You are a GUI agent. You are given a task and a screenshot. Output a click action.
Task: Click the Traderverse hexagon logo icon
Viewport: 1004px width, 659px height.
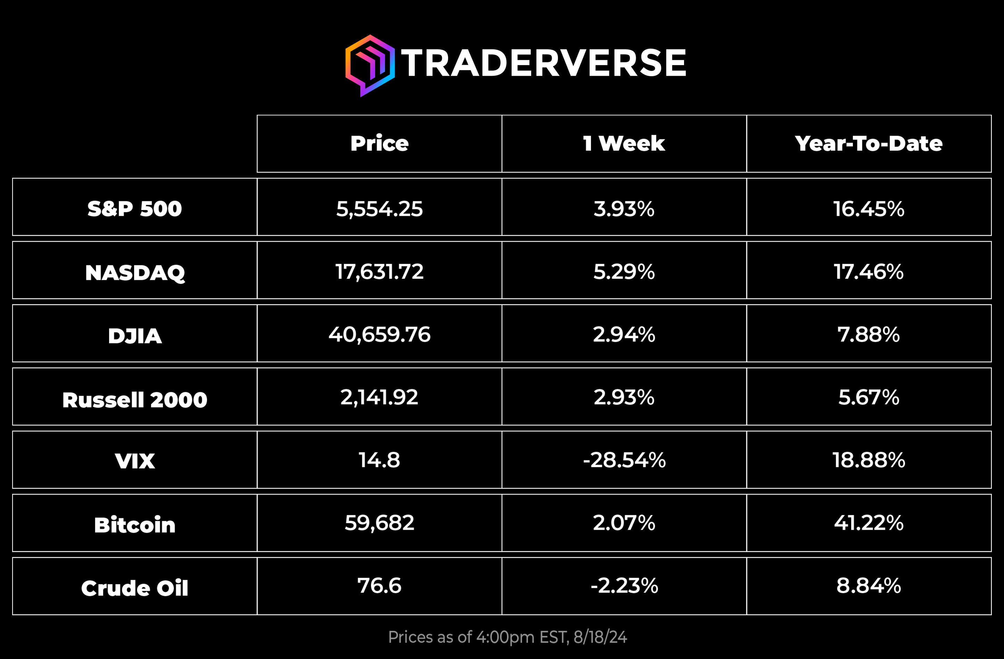pyautogui.click(x=370, y=65)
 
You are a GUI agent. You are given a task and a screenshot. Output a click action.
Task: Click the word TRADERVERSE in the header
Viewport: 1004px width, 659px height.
pyautogui.click(x=544, y=63)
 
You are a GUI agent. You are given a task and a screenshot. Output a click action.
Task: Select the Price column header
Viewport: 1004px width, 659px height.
pyautogui.click(x=379, y=143)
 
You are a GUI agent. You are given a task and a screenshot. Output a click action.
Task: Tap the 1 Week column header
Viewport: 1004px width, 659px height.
pyautogui.click(x=624, y=143)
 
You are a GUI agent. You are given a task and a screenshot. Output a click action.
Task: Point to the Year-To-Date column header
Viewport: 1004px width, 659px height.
pyautogui.click(x=869, y=143)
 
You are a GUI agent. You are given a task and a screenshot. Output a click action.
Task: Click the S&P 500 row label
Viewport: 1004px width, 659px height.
pyautogui.click(x=134, y=209)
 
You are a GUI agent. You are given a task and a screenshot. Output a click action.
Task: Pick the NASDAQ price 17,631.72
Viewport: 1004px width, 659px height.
pyautogui.click(x=379, y=272)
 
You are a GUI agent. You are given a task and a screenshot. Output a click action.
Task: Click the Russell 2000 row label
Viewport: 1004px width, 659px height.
pyautogui.click(x=134, y=399)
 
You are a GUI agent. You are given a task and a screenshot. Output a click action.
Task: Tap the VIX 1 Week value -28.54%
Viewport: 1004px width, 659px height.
pyautogui.click(x=624, y=460)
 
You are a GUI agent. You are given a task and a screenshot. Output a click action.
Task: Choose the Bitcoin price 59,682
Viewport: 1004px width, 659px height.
pyautogui.click(x=379, y=523)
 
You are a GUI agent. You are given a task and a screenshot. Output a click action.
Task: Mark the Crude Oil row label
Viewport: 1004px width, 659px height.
pyautogui.click(x=134, y=588)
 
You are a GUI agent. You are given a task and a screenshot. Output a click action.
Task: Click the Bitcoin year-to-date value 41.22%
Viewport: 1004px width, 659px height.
pyautogui.click(x=869, y=523)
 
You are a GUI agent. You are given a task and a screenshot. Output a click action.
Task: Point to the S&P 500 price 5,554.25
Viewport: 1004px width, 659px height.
pyautogui.click(x=379, y=209)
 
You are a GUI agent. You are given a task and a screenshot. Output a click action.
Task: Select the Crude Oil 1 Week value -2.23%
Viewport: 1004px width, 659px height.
pyautogui.click(x=624, y=586)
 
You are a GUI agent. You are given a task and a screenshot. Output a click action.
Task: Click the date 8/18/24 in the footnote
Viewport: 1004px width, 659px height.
pyautogui.click(x=600, y=637)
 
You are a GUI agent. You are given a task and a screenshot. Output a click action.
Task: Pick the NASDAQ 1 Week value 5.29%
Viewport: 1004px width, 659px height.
pyautogui.click(x=624, y=272)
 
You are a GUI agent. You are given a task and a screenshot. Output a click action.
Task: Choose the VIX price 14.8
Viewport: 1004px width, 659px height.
pyautogui.click(x=379, y=460)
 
